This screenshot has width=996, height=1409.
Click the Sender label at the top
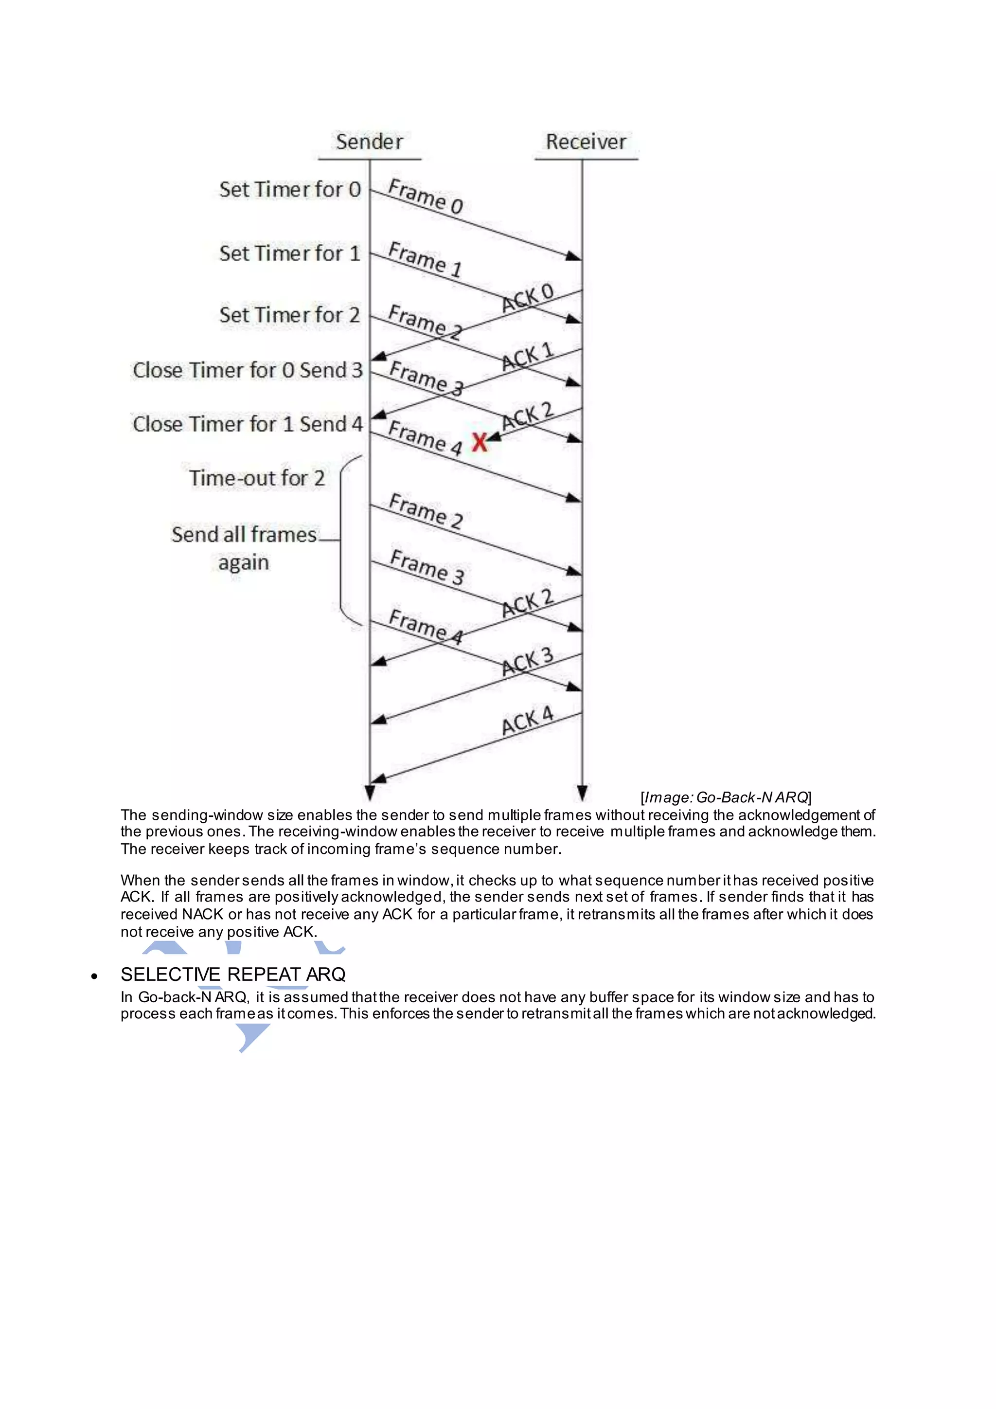(369, 142)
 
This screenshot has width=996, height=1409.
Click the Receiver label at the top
(586, 142)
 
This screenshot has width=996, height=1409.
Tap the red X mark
(480, 442)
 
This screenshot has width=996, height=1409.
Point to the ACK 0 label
(528, 298)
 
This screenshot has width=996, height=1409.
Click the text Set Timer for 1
(289, 253)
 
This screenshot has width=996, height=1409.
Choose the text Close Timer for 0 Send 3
(248, 370)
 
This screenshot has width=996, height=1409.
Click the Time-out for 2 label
(256, 478)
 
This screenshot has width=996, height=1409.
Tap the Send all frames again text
(244, 547)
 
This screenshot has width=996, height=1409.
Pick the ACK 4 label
(528, 721)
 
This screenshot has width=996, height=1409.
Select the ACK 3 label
(528, 662)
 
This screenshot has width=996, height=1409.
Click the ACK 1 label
(528, 357)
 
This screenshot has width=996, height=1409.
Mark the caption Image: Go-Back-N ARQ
(726, 797)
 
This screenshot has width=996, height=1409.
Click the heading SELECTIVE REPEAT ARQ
(233, 974)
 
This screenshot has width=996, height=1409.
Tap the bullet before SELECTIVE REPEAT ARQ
(94, 976)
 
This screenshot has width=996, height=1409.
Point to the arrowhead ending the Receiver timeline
(582, 793)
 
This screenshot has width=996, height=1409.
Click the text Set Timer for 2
(289, 315)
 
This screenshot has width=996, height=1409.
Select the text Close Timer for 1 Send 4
(248, 424)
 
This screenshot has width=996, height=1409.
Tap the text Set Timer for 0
(289, 190)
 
